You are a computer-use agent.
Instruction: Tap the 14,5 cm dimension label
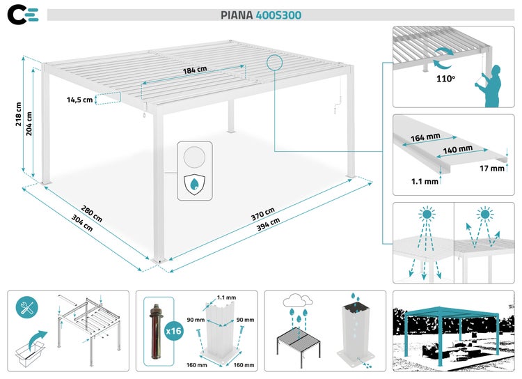coord(79,100)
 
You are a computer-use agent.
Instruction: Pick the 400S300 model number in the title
coord(278,15)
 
